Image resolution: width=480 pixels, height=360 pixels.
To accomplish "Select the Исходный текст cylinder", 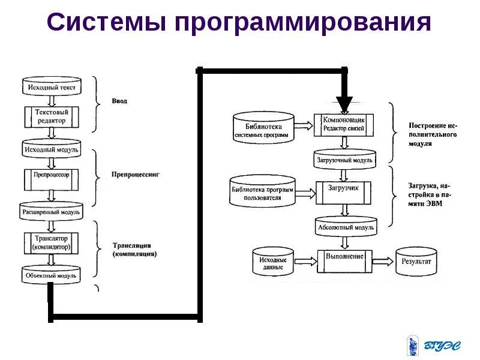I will pos(51,87).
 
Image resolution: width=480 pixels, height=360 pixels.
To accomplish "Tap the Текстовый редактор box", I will pos(52,116).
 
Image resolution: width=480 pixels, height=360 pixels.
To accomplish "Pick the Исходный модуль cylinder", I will pos(51,148).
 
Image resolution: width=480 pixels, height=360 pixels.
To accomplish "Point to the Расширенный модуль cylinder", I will pos(51,211).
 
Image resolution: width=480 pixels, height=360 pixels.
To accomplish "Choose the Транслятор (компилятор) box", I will pos(52,242).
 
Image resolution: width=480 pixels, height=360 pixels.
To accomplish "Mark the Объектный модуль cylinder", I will pos(51,275).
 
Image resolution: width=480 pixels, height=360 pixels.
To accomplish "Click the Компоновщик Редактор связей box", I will pos(344,124).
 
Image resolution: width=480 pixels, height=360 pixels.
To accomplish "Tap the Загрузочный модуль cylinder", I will pos(344,160).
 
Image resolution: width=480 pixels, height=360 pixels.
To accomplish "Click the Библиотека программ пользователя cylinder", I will pos(262,192).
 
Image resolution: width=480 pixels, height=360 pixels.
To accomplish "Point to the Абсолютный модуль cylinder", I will pos(344,227).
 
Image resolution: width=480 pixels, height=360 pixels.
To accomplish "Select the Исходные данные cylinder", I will pos(273,262).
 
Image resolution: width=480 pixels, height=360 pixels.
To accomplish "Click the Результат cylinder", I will pos(416,262).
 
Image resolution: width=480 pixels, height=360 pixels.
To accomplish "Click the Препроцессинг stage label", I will pos(136,175).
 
